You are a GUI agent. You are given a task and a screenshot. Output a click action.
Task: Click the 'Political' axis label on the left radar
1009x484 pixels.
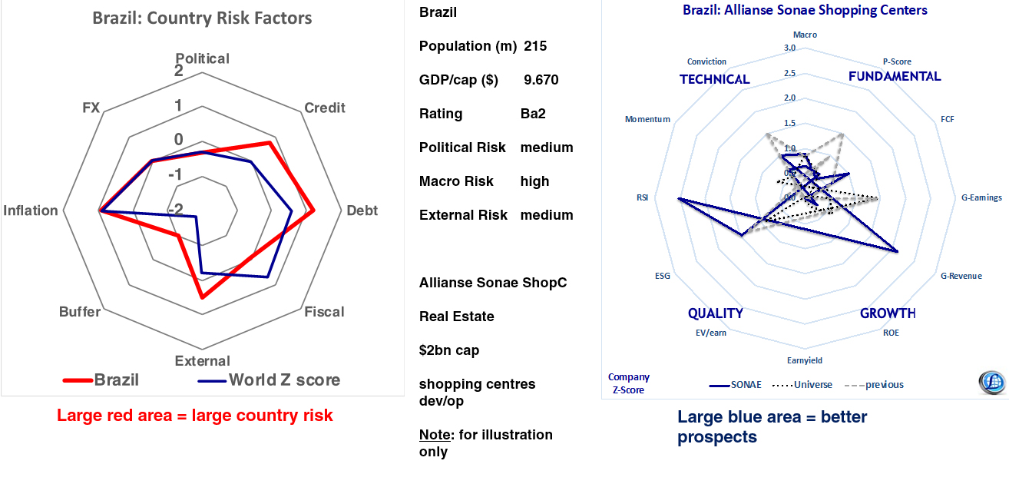coord(202,58)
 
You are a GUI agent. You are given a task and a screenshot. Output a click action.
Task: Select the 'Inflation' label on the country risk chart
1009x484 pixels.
coord(31,211)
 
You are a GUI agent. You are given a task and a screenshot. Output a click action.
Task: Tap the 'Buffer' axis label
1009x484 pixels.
coord(80,312)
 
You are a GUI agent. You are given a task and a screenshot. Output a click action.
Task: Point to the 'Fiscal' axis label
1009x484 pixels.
coord(324,312)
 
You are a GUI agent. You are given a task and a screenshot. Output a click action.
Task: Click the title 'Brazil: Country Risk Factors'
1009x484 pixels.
coord(202,18)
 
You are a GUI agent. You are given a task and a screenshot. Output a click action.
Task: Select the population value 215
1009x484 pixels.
coord(535,46)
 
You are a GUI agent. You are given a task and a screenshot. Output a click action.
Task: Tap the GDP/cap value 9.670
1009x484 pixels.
coord(541,80)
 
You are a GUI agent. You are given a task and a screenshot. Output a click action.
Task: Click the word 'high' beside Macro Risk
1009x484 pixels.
coord(534,181)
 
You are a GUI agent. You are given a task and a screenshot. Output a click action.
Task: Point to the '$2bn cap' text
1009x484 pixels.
coord(449,350)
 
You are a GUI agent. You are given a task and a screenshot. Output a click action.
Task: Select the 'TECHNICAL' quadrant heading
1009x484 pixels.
coord(714,79)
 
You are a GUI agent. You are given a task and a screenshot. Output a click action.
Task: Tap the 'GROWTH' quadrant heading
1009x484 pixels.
coord(888,313)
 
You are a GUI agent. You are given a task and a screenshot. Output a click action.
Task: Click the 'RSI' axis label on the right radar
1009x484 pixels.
coord(642,197)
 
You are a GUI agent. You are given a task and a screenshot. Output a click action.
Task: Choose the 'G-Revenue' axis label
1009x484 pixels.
coord(961,276)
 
